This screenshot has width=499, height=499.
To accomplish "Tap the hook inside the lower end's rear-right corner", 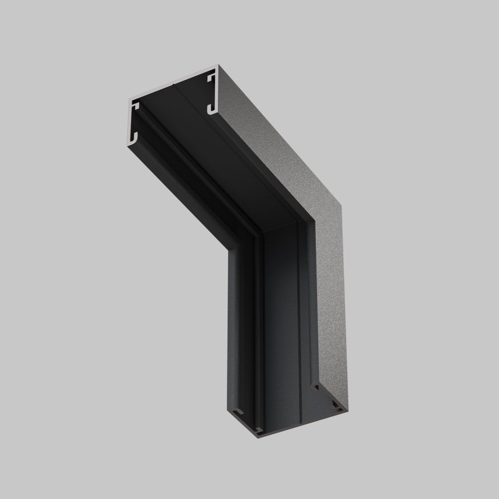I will click(x=335, y=406).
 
